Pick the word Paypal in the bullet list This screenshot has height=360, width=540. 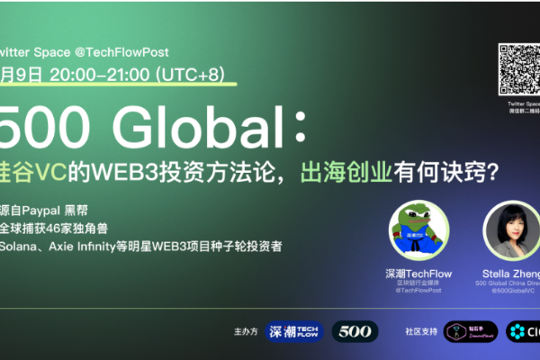53,203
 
